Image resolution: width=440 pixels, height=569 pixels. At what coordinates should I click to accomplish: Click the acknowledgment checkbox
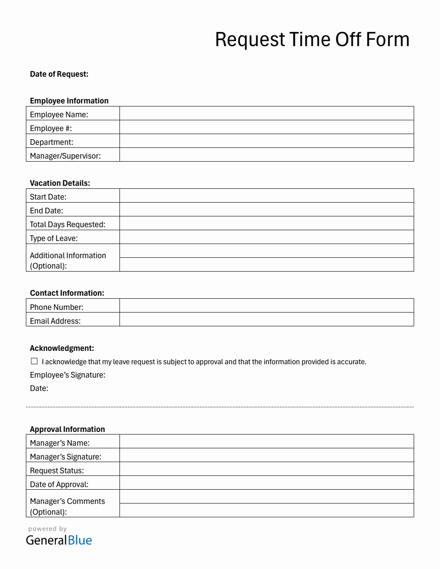pyautogui.click(x=35, y=361)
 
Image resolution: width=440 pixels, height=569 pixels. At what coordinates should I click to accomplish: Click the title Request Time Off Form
pyautogui.click(x=312, y=40)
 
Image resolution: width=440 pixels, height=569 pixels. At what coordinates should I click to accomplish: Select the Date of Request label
pyautogui.click(x=59, y=74)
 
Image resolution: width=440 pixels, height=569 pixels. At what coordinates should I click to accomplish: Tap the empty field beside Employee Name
pyautogui.click(x=267, y=113)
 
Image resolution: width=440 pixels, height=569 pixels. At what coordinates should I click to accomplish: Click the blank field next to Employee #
pyautogui.click(x=267, y=127)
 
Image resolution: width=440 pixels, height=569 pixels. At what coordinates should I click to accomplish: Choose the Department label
pyautogui.click(x=51, y=142)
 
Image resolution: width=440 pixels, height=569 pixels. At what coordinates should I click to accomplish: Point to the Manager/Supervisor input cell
pyautogui.click(x=267, y=155)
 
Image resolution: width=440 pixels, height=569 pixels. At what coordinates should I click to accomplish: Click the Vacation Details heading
pyautogui.click(x=60, y=183)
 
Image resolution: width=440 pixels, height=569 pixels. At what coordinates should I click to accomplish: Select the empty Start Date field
pyautogui.click(x=267, y=196)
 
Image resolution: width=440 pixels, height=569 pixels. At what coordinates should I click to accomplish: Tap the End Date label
pyautogui.click(x=47, y=211)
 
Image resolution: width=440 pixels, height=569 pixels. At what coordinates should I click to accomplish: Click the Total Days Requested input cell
pyautogui.click(x=267, y=223)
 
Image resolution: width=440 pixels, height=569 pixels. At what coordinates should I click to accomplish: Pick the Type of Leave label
pyautogui.click(x=54, y=238)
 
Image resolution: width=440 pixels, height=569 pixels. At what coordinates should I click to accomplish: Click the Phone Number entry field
pyautogui.click(x=267, y=306)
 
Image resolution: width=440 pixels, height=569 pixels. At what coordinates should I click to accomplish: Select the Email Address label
pyautogui.click(x=55, y=321)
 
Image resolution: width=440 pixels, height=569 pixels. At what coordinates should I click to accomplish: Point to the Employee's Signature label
pyautogui.click(x=68, y=375)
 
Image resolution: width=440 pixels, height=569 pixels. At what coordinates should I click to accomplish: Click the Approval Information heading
pyautogui.click(x=67, y=429)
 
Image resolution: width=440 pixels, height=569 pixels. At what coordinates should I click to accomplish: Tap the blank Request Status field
pyautogui.click(x=267, y=469)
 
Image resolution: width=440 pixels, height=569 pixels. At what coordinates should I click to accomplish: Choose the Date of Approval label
pyautogui.click(x=59, y=485)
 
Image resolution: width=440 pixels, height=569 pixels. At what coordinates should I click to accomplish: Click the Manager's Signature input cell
pyautogui.click(x=267, y=455)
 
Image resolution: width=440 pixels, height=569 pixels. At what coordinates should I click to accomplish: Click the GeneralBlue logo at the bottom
pyautogui.click(x=59, y=540)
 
